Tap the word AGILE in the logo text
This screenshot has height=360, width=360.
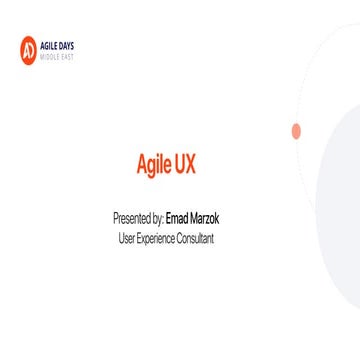point(49,44)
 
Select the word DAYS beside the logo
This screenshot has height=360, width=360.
point(65,44)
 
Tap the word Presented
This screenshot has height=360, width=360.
point(134,217)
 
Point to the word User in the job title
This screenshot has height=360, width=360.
point(126,238)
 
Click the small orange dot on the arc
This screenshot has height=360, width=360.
point(296,131)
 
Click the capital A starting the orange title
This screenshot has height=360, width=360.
point(141,165)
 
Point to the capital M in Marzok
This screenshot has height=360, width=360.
point(197,217)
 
